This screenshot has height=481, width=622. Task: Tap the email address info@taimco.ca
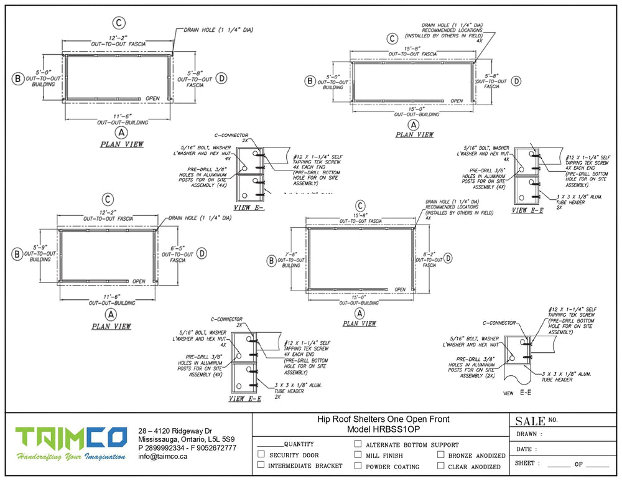[x=163, y=456]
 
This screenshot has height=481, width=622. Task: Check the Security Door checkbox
[x=261, y=455]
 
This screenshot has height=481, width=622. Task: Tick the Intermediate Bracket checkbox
[x=261, y=465]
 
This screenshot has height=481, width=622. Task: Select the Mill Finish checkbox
[x=358, y=455]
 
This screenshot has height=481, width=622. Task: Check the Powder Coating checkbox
[x=358, y=465]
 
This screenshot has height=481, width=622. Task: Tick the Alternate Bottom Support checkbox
[x=358, y=444]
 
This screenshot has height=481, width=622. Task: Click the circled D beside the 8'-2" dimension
[x=448, y=259]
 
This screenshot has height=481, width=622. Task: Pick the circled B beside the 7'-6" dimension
[x=271, y=261]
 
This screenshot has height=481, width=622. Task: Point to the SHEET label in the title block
[x=527, y=464]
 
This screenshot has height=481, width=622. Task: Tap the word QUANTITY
[x=299, y=444]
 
